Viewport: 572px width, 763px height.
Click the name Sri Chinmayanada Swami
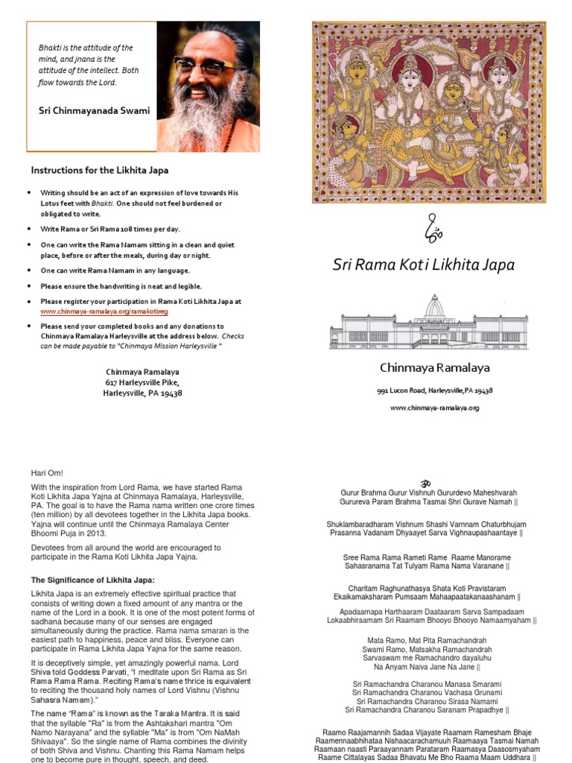pos(94,110)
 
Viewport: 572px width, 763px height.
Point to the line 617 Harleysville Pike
pos(142,381)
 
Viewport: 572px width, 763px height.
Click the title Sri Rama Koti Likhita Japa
pos(423,265)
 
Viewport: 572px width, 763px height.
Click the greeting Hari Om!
pos(47,472)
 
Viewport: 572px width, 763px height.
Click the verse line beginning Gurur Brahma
pos(428,493)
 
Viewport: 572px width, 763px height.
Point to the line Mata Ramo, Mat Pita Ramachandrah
pos(427,640)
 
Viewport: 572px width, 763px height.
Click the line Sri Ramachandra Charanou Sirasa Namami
pos(427,701)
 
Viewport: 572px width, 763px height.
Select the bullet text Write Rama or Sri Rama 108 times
pos(110,229)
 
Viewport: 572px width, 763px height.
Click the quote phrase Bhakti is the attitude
pos(86,48)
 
